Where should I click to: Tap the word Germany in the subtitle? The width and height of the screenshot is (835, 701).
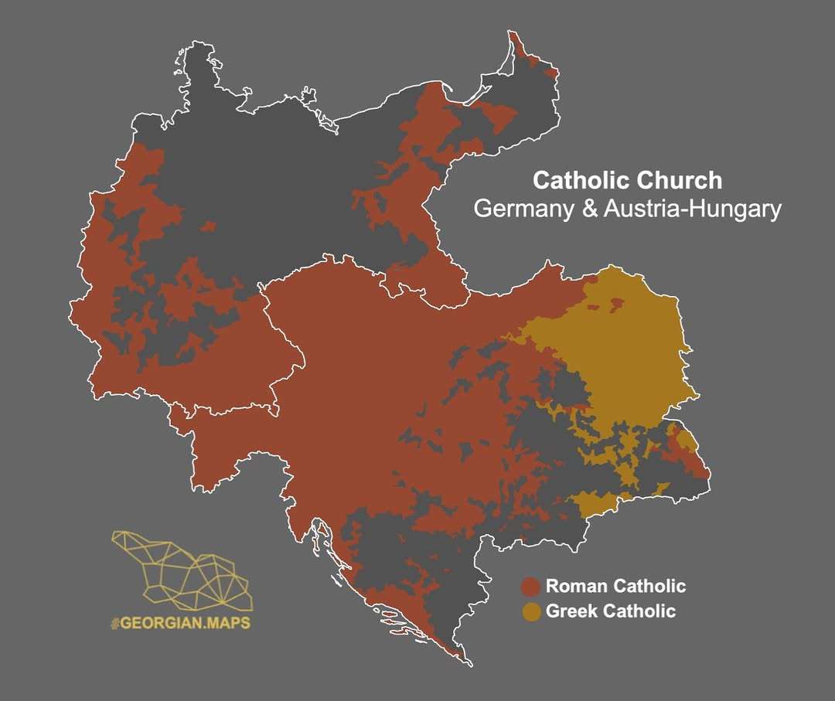523,209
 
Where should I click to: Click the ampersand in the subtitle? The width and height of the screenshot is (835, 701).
587,209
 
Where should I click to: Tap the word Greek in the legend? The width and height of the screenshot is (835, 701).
571,611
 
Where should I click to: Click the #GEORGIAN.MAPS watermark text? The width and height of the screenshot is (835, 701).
180,622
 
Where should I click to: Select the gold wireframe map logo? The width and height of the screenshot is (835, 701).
182,569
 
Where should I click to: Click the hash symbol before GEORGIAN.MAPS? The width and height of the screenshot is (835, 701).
115,622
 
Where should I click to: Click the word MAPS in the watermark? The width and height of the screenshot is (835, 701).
227,622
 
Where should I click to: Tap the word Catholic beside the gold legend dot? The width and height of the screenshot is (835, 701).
639,611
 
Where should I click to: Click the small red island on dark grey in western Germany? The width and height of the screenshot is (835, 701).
207,226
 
